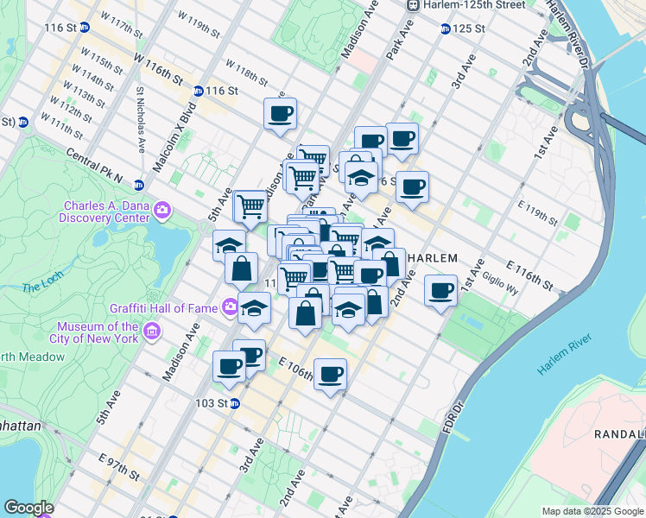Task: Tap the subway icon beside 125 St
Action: (x=446, y=28)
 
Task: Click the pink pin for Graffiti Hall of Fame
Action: (x=230, y=306)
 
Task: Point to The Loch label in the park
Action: (x=39, y=287)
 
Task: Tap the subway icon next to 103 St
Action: (x=234, y=403)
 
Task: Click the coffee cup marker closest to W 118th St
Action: (x=280, y=114)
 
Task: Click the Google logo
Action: (x=30, y=508)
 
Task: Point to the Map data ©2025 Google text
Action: (x=591, y=511)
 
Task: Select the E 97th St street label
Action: (x=118, y=467)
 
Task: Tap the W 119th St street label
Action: (x=198, y=24)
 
